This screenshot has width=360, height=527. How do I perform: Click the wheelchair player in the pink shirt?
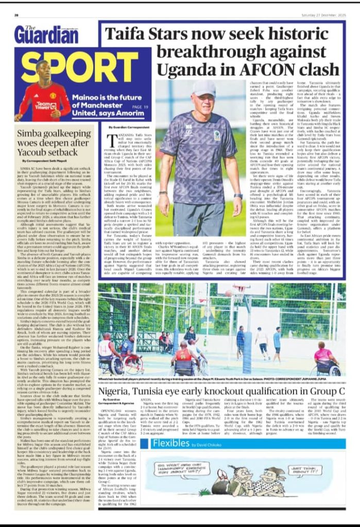click(x=327, y=356)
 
